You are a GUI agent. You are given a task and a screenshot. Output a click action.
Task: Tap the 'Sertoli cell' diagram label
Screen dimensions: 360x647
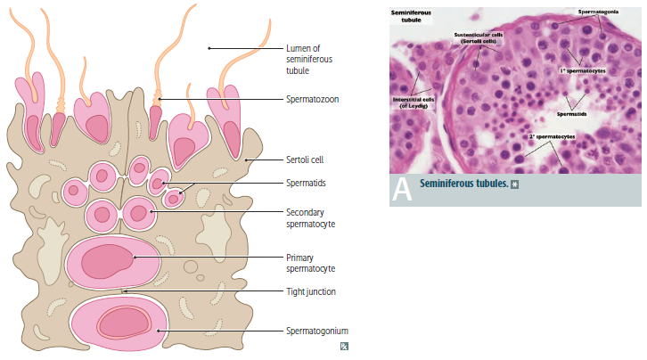click(x=305, y=160)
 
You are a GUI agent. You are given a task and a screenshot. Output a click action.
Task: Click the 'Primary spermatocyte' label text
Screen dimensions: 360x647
click(x=312, y=262)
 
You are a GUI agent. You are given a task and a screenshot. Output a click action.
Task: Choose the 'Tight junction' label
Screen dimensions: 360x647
click(x=311, y=290)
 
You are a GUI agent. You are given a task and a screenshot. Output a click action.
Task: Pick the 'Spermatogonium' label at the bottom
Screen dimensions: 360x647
click(x=316, y=331)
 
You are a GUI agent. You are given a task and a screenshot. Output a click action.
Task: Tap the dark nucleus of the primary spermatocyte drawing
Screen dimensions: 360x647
click(x=107, y=261)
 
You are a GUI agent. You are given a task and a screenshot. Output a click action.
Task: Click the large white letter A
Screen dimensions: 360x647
click(x=402, y=189)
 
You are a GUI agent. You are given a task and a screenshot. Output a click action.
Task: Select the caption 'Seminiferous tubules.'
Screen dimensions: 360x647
click(x=463, y=184)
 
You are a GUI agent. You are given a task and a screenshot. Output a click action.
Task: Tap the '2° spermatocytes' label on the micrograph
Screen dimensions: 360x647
click(x=551, y=135)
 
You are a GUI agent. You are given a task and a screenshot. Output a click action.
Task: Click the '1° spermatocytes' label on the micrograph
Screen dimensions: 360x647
click(x=583, y=69)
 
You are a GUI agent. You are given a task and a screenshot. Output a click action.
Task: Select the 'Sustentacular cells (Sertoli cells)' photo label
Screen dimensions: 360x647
click(x=479, y=37)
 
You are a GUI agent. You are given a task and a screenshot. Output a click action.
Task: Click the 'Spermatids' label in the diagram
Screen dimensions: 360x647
click(x=305, y=183)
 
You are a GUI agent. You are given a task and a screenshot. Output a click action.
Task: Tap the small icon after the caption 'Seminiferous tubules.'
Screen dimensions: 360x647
click(x=515, y=184)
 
